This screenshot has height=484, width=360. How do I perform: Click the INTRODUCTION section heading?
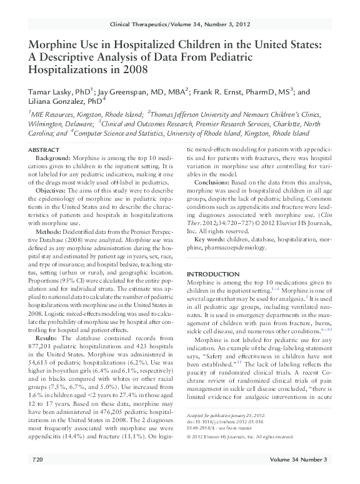tap(217, 275)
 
